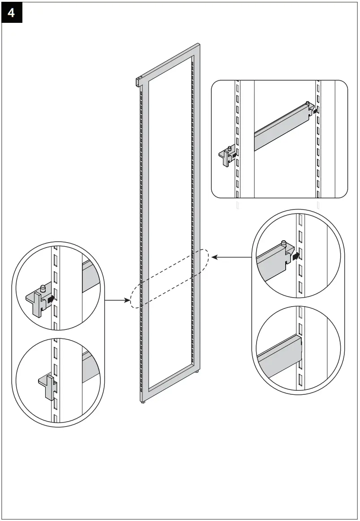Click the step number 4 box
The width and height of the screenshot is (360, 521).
pyautogui.click(x=11, y=13)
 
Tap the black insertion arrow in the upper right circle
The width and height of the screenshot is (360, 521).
pyautogui.click(x=295, y=256)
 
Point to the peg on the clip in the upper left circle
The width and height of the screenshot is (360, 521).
pyautogui.click(x=43, y=289)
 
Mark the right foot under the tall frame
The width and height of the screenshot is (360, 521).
pyautogui.click(x=197, y=372)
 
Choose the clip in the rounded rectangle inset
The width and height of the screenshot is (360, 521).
pyautogui.click(x=225, y=156)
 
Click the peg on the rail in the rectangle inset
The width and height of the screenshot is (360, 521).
pyautogui.click(x=307, y=104)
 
